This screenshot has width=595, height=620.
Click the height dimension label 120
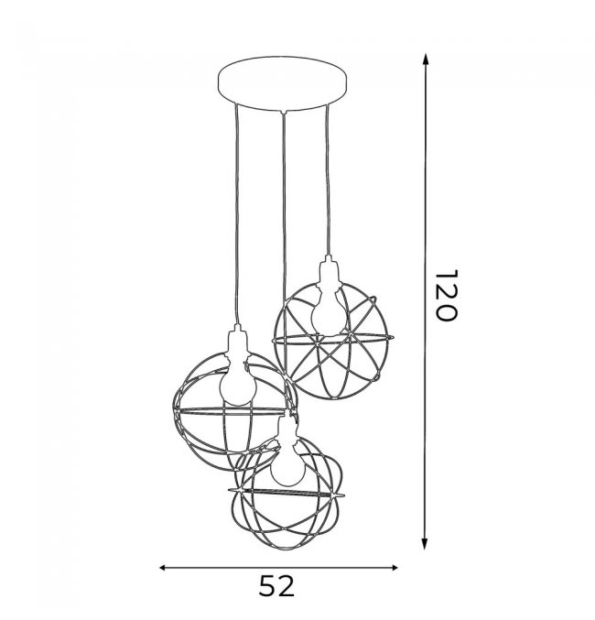446,296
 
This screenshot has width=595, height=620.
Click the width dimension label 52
277,586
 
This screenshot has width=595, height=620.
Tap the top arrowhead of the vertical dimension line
426,60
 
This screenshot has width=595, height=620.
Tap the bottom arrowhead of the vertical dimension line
425,543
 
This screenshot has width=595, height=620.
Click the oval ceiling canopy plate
283,83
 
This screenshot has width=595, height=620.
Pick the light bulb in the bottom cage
288,467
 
